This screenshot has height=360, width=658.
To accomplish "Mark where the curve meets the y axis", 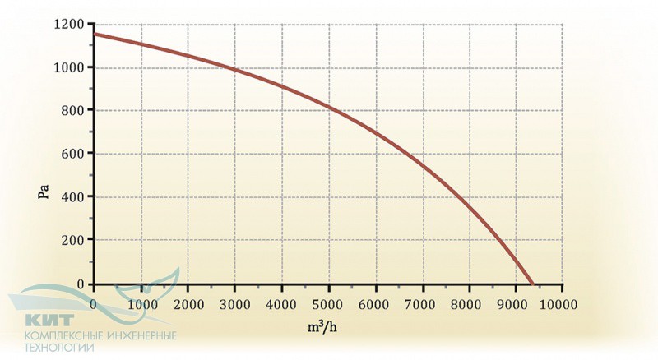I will coord(94,34).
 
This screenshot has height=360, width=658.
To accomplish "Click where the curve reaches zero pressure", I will coord(532,284).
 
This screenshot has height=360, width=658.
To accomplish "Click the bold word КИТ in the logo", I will coord(50,320).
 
